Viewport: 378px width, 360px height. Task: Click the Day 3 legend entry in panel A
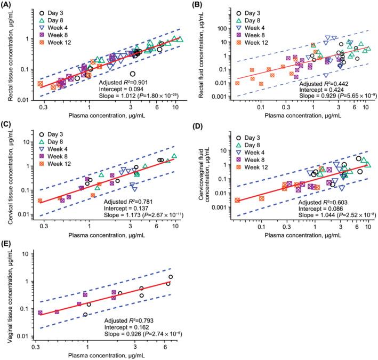(x=58, y=12)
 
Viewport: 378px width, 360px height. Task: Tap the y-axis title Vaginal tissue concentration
(x=7, y=296)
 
